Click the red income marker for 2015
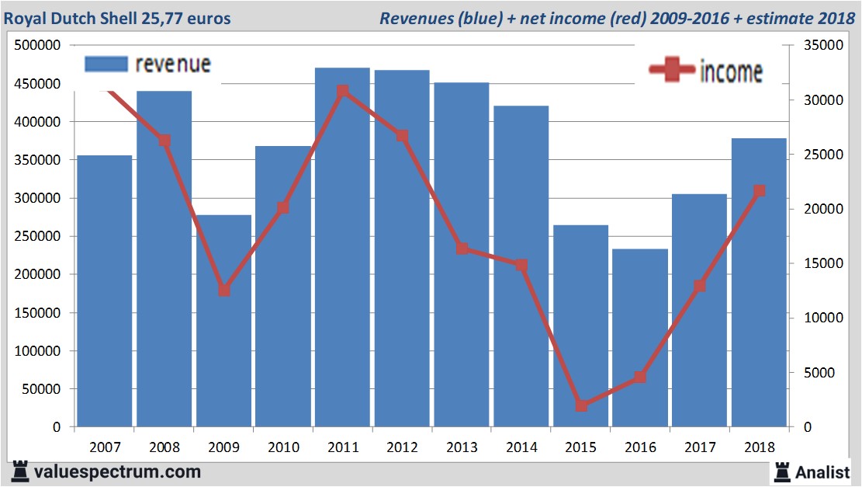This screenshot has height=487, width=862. click(582, 405)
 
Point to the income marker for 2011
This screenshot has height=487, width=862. click(343, 91)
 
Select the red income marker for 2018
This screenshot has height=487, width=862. click(760, 190)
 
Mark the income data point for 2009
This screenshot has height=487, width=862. click(224, 290)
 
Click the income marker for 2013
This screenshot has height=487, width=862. click(462, 249)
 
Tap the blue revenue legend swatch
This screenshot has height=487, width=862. click(106, 64)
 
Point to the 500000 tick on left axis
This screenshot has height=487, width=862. click(38, 46)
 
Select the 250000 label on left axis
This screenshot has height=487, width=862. click(38, 236)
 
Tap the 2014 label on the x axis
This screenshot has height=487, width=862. click(521, 447)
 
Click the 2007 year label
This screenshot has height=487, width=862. click(105, 447)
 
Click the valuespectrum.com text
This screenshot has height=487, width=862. click(117, 471)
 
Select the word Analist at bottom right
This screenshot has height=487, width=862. click(823, 471)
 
